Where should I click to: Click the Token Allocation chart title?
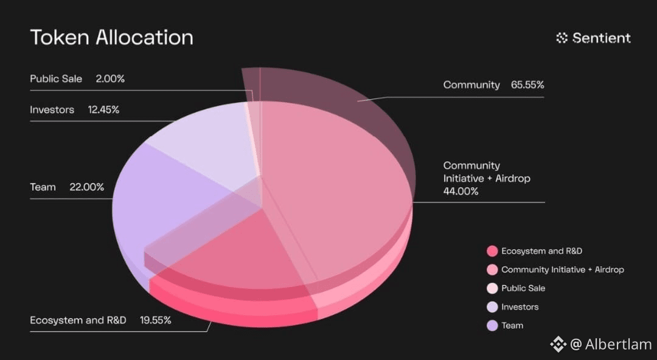point(112,37)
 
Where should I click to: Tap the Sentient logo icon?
point(561,38)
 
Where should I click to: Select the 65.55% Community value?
point(527,85)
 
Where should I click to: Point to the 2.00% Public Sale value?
point(110,79)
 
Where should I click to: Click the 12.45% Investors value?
point(103,110)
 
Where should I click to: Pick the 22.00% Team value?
point(87,187)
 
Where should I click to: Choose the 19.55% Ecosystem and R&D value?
point(156,320)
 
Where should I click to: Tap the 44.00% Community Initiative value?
point(461,192)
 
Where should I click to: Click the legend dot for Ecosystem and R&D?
point(492,251)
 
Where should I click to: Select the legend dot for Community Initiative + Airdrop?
point(492,269)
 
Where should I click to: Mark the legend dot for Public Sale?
point(492,288)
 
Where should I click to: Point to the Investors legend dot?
point(492,306)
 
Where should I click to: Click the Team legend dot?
point(492,325)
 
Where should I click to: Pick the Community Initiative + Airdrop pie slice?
point(335,189)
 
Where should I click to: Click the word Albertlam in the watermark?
point(619,345)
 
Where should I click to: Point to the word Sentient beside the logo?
point(602,38)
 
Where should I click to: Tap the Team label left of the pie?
point(43,187)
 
